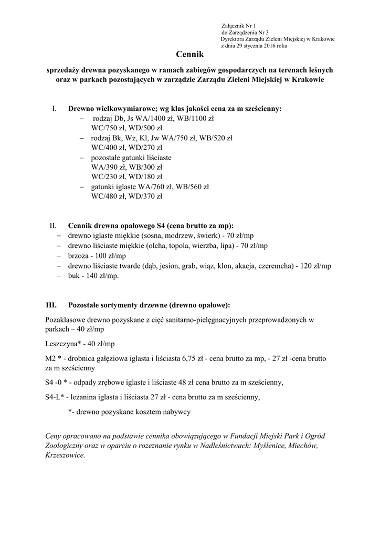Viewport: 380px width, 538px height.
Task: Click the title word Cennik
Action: point(189,54)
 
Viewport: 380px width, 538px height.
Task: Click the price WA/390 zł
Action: point(107,167)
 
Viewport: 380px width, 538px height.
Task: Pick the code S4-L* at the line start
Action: point(55,397)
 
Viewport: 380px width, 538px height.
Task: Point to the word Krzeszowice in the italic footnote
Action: point(65,456)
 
